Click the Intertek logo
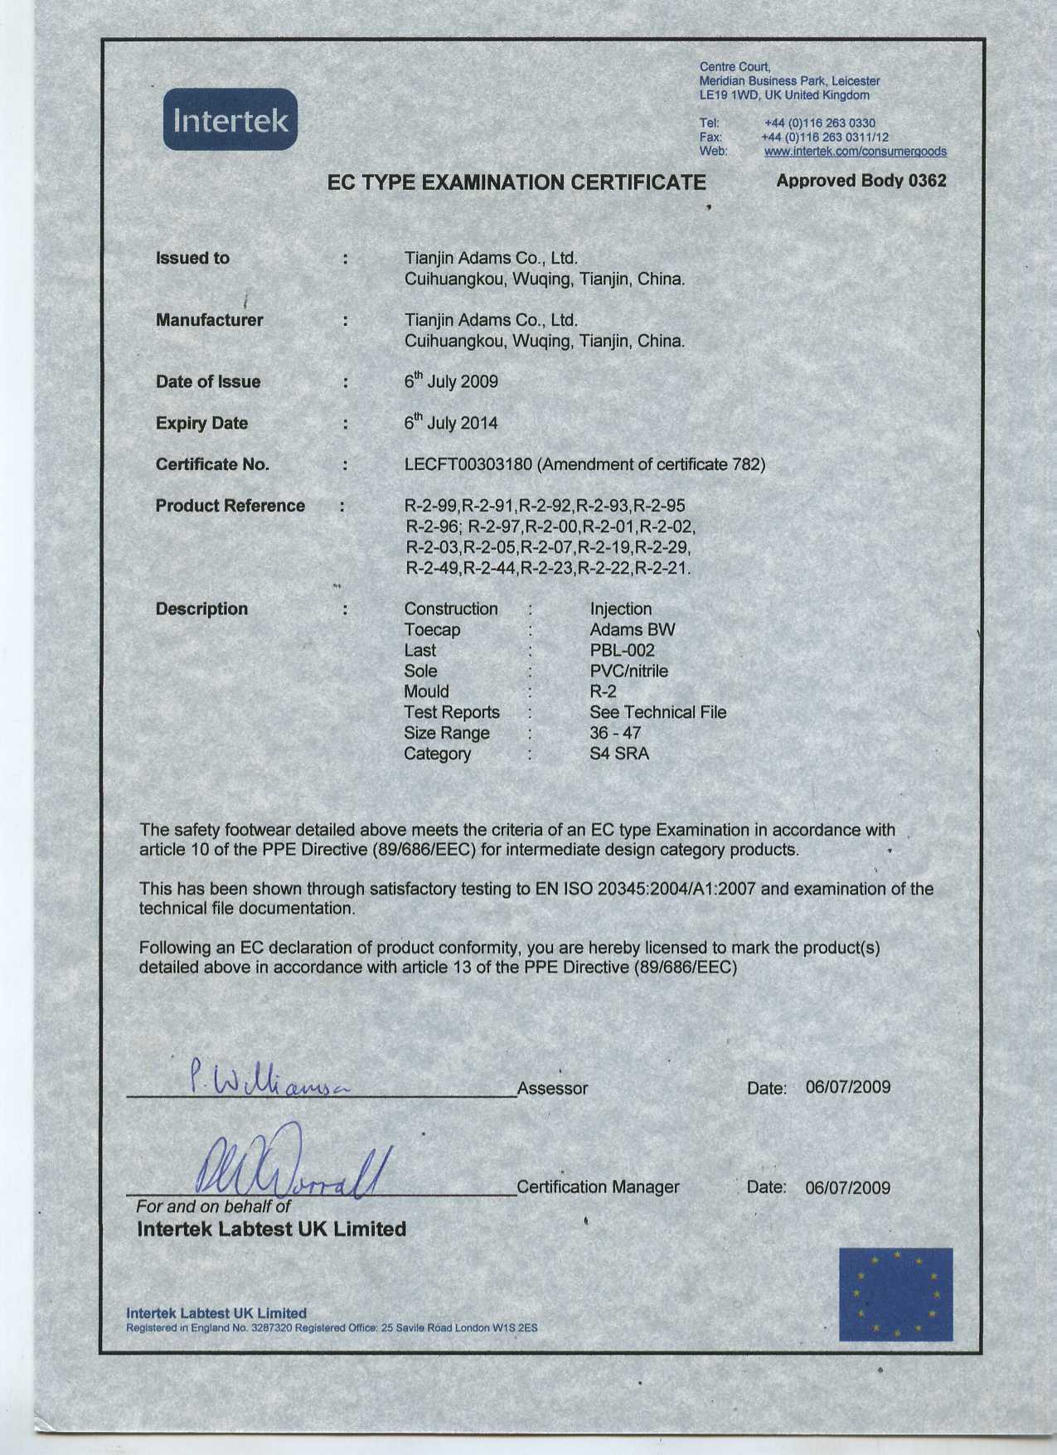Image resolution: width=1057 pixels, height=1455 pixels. tap(230, 120)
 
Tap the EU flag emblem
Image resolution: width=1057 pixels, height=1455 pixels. tap(895, 1293)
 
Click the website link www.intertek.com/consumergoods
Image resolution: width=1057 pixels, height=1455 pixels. tap(855, 152)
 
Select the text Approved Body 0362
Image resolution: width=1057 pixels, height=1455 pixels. tap(861, 181)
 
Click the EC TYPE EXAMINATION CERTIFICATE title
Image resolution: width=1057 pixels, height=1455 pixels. tap(516, 182)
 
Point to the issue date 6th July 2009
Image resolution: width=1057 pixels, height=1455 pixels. tap(451, 381)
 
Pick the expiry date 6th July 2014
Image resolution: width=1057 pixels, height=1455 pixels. tap(451, 423)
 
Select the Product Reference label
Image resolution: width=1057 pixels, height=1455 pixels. tap(230, 506)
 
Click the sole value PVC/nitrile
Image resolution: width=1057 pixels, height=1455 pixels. tap(628, 672)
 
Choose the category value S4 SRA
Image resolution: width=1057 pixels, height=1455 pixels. tap(619, 754)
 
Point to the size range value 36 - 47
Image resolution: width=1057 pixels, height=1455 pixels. tap(615, 734)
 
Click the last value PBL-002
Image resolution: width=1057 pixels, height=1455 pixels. tap(622, 651)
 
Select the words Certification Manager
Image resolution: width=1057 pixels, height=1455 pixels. tap(598, 1187)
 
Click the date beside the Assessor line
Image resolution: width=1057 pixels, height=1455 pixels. tap(847, 1088)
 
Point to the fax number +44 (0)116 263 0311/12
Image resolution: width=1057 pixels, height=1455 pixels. tap(824, 138)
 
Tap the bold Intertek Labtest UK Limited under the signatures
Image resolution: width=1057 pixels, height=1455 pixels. tap(271, 1229)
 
